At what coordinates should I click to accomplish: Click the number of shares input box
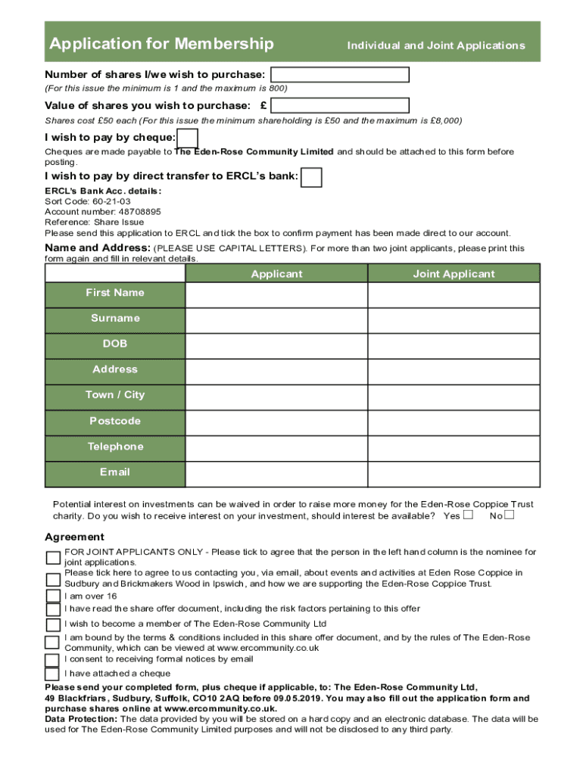click(340, 74)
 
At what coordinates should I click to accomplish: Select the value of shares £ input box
click(340, 105)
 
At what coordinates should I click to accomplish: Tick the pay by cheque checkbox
click(187, 138)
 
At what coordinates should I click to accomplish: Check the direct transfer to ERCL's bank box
click(311, 177)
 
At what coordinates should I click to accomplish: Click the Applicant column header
click(276, 274)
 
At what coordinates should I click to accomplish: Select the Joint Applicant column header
click(454, 274)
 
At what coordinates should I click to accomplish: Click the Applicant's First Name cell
click(276, 294)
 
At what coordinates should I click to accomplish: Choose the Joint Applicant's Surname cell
click(454, 319)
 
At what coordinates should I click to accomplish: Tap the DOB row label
click(115, 344)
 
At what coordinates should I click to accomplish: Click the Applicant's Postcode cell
click(276, 422)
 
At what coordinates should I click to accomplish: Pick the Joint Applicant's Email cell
click(454, 473)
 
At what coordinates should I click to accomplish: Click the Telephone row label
click(115, 447)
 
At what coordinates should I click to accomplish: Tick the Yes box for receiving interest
click(468, 515)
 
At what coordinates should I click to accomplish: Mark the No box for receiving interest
click(509, 515)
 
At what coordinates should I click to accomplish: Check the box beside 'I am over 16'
click(52, 596)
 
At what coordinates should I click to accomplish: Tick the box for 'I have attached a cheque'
click(52, 674)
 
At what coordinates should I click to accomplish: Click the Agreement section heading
click(74, 537)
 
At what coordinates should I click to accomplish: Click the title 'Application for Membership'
click(162, 44)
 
